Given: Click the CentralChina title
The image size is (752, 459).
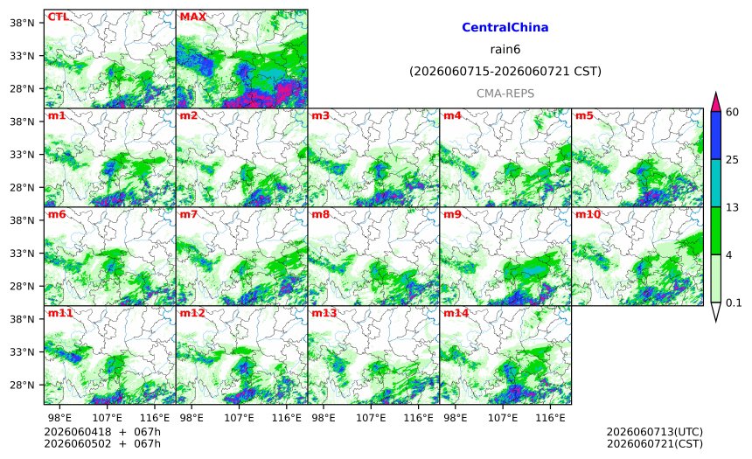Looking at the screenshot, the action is (x=505, y=27).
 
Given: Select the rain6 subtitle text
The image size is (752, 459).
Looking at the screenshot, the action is (x=505, y=50).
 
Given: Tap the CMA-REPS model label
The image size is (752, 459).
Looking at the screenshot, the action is (x=505, y=94).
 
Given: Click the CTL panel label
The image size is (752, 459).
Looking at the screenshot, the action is (x=58, y=17).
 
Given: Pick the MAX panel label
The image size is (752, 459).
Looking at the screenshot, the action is (x=192, y=17).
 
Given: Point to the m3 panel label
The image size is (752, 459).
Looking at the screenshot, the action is (x=320, y=115).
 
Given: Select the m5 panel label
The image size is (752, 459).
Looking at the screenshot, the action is (x=584, y=115).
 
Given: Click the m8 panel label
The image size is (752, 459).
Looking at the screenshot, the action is (x=320, y=214).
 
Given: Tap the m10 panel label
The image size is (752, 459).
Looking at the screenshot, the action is (x=588, y=214).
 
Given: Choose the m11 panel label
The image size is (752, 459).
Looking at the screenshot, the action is (x=60, y=313).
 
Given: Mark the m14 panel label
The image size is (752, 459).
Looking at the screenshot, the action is (x=456, y=313).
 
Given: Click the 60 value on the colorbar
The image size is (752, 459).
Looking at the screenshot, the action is (x=733, y=112).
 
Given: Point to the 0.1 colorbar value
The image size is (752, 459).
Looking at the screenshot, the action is (x=734, y=303).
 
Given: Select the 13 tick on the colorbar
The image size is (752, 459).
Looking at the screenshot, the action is (x=733, y=208).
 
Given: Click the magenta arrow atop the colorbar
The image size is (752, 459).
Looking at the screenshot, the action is (x=715, y=101).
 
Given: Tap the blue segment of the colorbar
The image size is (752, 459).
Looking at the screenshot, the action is (x=715, y=136).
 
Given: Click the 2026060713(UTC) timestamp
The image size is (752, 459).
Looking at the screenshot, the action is (x=655, y=433).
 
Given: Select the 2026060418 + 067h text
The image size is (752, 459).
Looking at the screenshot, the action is (x=102, y=433).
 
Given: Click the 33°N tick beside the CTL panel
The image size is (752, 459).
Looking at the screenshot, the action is (x=22, y=56).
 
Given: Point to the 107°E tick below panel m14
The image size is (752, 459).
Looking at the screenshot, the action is (x=503, y=418).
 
